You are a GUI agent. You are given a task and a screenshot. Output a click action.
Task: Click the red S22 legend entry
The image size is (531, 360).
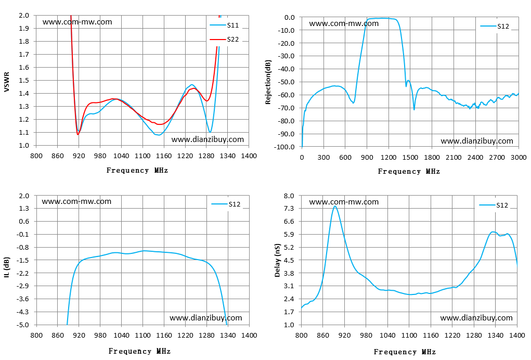point(224,40)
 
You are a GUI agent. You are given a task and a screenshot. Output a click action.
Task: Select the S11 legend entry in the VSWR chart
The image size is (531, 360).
point(224,25)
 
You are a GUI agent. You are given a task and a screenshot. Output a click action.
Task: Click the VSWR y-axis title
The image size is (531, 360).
point(6,82)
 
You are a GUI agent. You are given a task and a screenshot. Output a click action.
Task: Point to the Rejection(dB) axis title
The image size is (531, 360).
point(268,82)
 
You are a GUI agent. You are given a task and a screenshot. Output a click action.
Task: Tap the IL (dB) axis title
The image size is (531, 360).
point(6,267)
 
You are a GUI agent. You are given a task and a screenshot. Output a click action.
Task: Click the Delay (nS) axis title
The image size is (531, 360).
point(278,261)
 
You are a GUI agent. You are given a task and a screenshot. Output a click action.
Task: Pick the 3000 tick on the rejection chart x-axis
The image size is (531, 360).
point(519,158)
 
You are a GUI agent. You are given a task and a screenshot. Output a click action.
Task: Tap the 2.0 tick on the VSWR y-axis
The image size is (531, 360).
point(24,15)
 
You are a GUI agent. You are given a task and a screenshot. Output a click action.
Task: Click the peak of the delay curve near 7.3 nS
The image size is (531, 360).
point(335,206)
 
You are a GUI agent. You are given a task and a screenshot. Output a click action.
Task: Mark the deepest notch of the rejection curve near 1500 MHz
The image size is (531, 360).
point(414,109)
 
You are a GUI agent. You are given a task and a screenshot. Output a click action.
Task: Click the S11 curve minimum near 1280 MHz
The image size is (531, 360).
point(210,132)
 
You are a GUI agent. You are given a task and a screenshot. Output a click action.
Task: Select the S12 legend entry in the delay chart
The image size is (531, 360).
point(494,205)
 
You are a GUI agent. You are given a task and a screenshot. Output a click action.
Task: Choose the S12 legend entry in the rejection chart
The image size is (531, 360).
point(495,26)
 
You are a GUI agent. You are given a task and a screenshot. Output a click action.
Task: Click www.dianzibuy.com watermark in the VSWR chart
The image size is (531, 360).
point(208,139)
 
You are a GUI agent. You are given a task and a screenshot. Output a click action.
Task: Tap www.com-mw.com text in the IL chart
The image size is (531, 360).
point(76,201)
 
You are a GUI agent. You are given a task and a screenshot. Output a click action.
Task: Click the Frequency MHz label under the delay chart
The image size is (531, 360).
point(405,352)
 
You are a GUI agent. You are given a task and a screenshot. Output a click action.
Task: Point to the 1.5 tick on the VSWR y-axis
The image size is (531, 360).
point(24,80)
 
